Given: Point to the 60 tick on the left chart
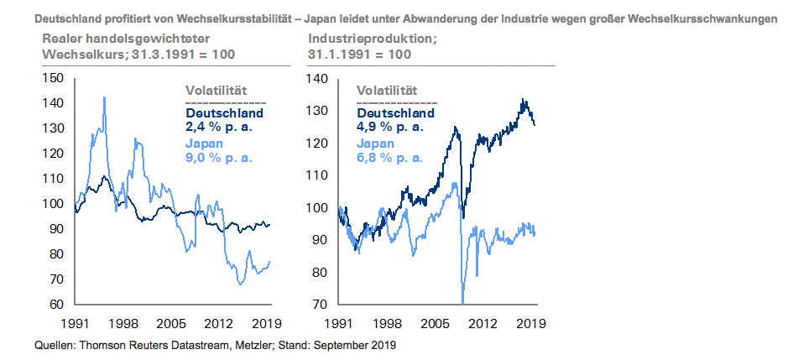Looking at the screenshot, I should click(57, 305).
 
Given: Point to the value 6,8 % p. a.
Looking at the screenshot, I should click(390, 157).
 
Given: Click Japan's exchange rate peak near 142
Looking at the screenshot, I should click(104, 97).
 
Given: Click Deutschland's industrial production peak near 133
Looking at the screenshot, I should click(523, 100).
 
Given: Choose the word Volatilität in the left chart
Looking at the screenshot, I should click(215, 91).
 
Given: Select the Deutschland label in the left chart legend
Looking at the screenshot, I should click(224, 112).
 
